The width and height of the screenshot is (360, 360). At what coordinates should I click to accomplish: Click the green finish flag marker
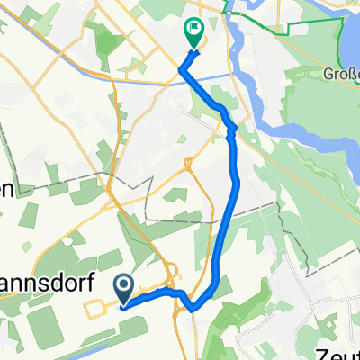193,31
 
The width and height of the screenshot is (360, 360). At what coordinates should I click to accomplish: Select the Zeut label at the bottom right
335,351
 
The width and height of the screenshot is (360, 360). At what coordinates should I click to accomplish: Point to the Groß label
342,74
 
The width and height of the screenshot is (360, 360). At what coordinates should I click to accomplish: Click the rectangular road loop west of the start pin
98,309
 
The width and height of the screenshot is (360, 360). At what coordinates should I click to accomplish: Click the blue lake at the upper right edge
350,36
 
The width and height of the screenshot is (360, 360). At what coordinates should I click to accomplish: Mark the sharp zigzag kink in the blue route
230,130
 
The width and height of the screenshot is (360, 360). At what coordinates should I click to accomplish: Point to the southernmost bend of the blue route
194,308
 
